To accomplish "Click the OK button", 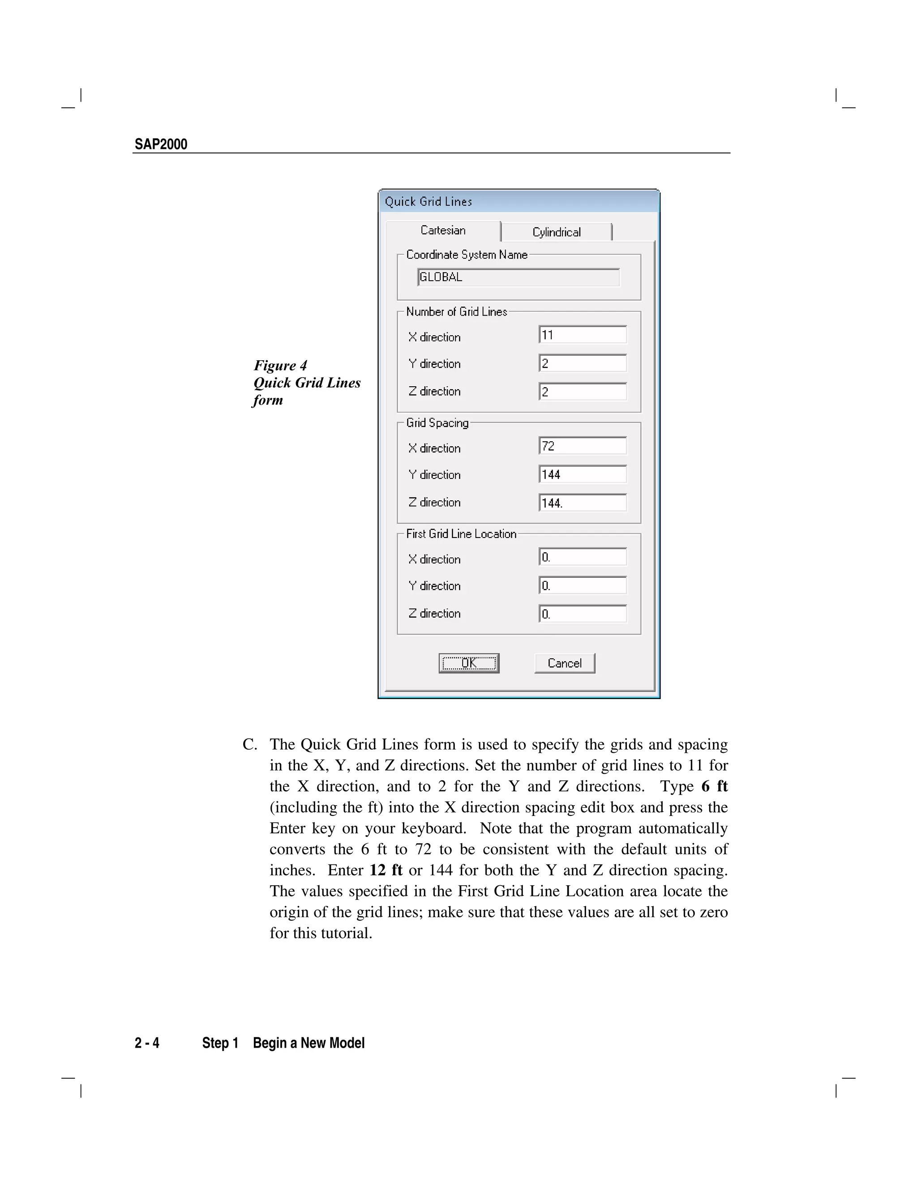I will pos(469,663).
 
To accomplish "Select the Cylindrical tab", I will pos(556,232).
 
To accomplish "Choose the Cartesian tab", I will pos(443,230).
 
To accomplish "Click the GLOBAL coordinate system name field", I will pos(518,277).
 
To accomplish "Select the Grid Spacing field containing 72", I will pos(583,446).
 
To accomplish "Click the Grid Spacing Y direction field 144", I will pos(583,474).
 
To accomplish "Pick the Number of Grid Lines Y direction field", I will pos(583,363).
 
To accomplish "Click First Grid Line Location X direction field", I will pos(583,557).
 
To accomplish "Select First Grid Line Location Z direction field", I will pos(583,614).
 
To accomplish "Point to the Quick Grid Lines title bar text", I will pos(428,202).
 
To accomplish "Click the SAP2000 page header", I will pos(161,145).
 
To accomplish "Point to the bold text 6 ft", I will pos(714,786).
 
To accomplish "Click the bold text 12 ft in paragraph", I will pos(386,870).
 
